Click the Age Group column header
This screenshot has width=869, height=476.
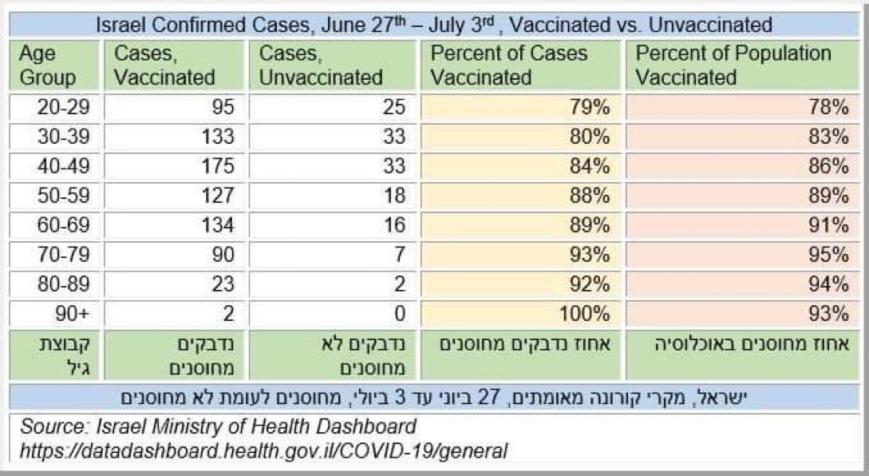48,65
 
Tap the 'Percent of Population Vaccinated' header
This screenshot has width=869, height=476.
733,65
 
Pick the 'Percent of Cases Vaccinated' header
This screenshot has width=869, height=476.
509,65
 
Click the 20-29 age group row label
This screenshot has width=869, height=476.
54,107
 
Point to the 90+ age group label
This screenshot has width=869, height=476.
65,312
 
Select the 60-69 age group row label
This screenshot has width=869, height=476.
54,224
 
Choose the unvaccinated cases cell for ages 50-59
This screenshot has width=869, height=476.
394,195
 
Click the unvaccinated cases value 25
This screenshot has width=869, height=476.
394,107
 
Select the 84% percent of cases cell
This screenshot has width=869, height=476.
591,166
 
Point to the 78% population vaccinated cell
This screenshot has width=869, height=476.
830,107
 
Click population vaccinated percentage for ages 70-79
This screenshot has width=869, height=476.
830,254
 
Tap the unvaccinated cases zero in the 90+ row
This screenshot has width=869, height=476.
400,312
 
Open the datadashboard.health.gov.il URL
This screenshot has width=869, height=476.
264,450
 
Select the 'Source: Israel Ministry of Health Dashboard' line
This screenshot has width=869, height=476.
219,426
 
